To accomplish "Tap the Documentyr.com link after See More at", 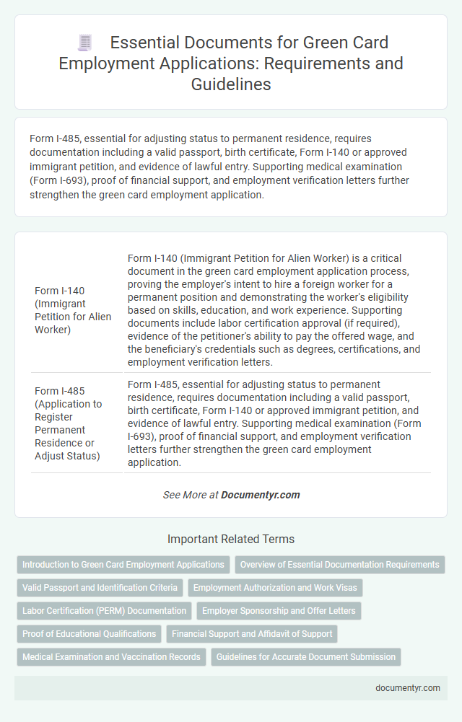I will click(x=260, y=495).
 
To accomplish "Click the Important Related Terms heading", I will click(x=231, y=539).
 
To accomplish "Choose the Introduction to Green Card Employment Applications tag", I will click(x=123, y=565).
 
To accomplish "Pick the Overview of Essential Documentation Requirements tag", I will click(x=339, y=565).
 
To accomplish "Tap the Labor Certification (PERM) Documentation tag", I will click(x=104, y=611).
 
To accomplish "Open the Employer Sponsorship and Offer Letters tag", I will click(x=279, y=611).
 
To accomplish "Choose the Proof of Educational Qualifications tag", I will click(x=89, y=634).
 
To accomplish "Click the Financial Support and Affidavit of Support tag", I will click(x=252, y=634).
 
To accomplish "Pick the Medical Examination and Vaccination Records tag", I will click(x=111, y=657).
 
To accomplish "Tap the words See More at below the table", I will click(x=191, y=495).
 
